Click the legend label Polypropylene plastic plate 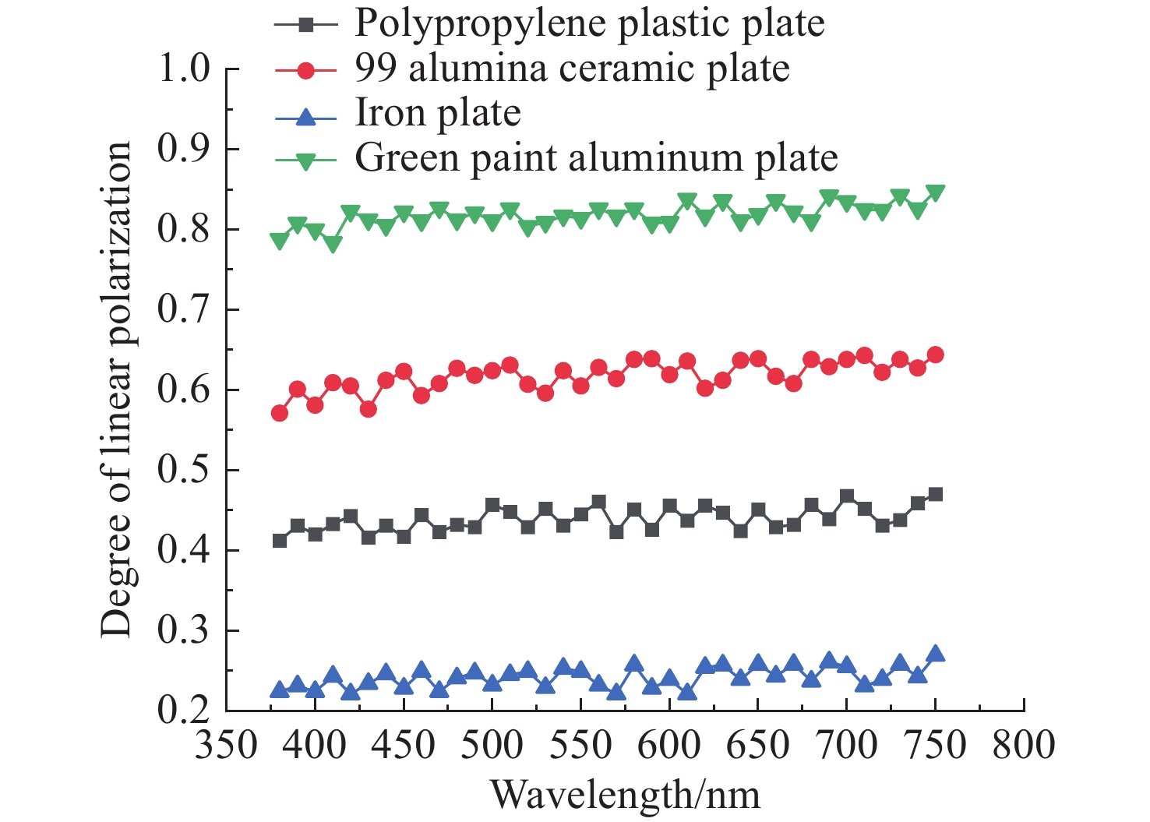pos(589,23)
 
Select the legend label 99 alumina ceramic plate pos(572,69)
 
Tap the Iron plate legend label pos(438,114)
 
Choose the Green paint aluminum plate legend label pos(596,159)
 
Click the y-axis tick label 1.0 pos(184,69)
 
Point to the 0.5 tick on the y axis pos(184,470)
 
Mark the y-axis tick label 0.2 pos(184,711)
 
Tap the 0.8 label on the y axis pos(184,229)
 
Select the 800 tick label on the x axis pos(1024,746)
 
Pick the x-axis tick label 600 pos(669,746)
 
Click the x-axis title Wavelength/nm pos(625,796)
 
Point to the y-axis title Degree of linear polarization pos(116,390)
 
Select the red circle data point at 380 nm pos(280,413)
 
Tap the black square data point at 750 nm pos(935,495)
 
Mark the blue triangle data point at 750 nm pos(935,654)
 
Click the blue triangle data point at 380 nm pos(280,690)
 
